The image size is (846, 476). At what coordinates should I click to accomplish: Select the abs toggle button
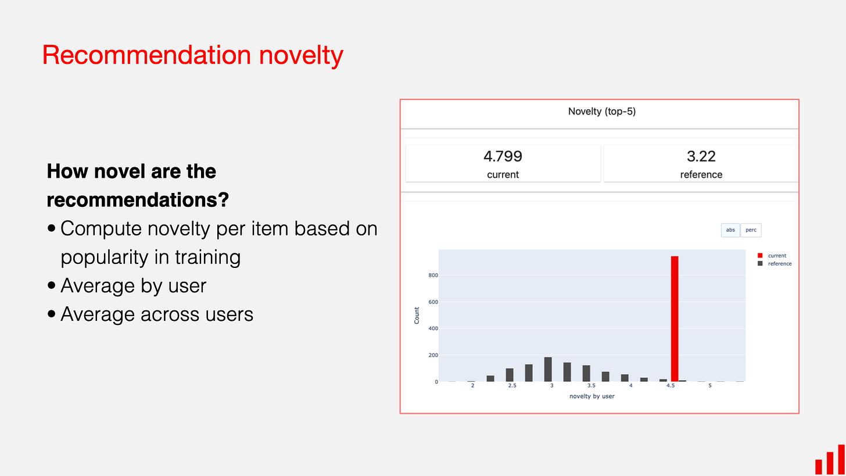[x=730, y=230]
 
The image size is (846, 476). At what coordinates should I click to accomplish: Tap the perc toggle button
[x=751, y=230]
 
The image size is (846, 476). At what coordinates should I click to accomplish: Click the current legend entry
[x=776, y=256]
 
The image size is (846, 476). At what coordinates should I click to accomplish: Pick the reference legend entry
[x=779, y=264]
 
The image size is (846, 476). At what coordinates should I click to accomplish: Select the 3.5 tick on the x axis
[x=591, y=386]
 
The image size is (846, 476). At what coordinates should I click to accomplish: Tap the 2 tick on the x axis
[x=472, y=386]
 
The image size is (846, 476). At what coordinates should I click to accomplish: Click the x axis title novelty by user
[x=592, y=396]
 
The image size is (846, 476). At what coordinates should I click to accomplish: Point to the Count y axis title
[x=417, y=316]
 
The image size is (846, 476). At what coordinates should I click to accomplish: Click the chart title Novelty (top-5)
[x=602, y=112]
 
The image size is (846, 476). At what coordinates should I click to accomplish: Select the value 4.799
[x=503, y=156]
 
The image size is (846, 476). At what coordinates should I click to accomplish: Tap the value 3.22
[x=701, y=156]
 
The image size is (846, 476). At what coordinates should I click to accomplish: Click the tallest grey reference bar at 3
[x=548, y=369]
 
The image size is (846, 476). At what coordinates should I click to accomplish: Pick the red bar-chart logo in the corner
[x=830, y=460]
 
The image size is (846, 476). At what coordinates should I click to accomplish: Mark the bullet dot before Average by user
[x=52, y=286]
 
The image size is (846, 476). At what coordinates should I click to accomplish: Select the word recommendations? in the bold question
[x=138, y=200]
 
